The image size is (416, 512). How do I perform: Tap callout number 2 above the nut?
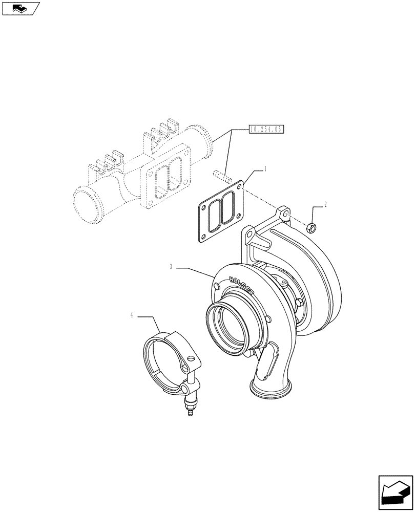(325, 204)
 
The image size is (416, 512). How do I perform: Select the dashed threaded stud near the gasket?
(220, 176)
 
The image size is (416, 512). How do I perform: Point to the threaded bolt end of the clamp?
(190, 410)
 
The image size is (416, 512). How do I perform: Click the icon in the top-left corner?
(20, 8)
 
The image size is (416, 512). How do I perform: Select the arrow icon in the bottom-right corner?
(395, 492)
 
